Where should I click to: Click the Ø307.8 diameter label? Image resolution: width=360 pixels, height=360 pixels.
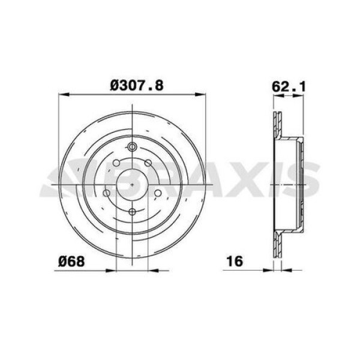pos(136,85)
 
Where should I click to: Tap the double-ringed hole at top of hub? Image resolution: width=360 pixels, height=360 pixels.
pos(132,148)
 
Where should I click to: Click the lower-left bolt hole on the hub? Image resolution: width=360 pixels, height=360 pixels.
pos(107,193)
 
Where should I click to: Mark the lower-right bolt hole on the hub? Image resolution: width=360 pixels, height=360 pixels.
pos(157,193)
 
